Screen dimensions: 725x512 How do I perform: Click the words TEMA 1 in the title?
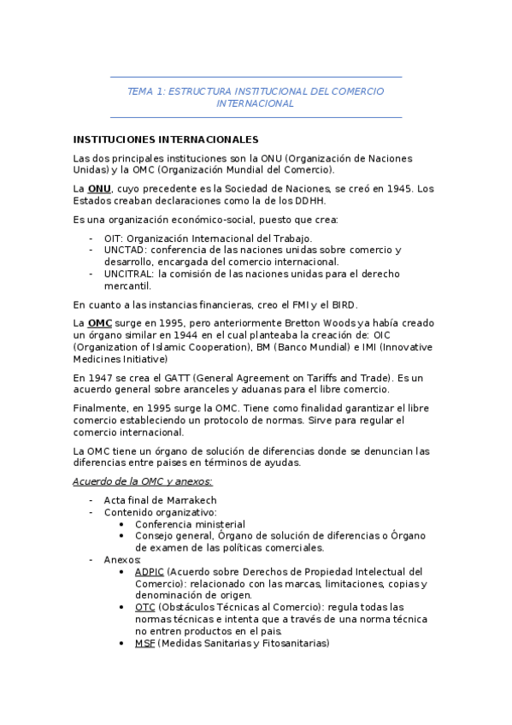(144, 91)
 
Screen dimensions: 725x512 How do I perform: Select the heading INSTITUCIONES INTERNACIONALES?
(166, 139)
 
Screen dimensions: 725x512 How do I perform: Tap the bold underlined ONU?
(99, 188)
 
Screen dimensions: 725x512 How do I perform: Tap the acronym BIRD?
(344, 304)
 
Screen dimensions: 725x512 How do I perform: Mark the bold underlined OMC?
(100, 323)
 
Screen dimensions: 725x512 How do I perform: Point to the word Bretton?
(286, 323)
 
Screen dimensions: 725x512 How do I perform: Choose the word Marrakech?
(190, 500)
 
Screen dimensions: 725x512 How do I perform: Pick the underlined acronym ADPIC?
(150, 571)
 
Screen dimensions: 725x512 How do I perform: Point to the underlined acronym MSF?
(144, 643)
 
